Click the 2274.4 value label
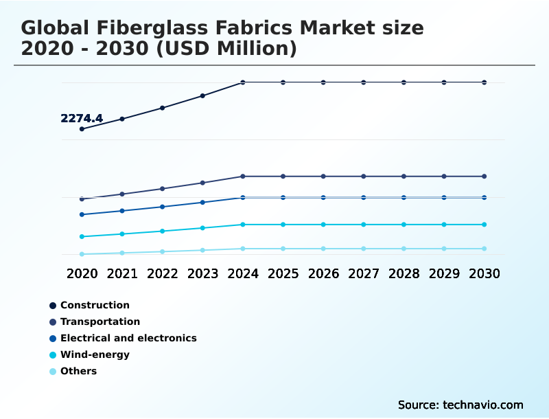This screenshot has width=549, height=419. [x=82, y=118]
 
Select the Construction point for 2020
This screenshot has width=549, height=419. [x=82, y=129]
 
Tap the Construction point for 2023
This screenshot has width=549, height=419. [x=202, y=95]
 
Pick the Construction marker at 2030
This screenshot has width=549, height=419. [x=484, y=82]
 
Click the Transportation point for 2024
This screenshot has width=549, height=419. [x=243, y=177]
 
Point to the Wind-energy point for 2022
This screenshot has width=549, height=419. [x=163, y=231]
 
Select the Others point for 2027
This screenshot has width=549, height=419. [x=364, y=249]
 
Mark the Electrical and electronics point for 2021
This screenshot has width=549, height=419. [x=122, y=211]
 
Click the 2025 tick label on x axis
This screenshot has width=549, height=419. [x=283, y=273]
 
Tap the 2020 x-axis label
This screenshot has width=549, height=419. [x=82, y=273]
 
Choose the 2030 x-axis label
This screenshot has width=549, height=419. [x=484, y=273]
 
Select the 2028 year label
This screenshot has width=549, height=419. [x=404, y=273]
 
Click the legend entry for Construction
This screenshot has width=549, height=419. [x=95, y=305]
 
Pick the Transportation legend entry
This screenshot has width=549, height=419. [x=100, y=321]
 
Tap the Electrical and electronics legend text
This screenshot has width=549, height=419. [x=128, y=338]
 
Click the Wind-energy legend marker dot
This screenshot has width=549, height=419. [x=53, y=355]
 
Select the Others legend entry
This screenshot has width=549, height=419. [x=78, y=371]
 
